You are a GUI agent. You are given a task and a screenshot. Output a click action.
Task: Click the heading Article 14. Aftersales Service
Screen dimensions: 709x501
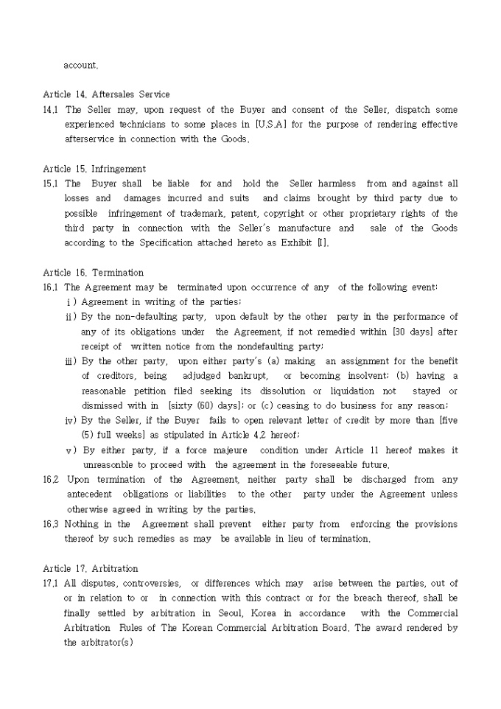coord(106,94)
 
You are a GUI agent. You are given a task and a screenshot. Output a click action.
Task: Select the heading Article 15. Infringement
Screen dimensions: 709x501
coord(94,169)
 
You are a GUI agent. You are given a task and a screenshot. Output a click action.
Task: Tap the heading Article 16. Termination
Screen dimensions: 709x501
coord(94,273)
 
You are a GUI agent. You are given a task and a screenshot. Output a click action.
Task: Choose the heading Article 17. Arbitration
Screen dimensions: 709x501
coord(91,569)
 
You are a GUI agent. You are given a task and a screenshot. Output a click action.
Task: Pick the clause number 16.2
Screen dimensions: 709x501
coord(52,480)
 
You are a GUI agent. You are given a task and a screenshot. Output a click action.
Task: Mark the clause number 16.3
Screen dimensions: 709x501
coord(52,524)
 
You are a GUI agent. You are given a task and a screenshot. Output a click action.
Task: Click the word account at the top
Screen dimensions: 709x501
coord(80,65)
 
